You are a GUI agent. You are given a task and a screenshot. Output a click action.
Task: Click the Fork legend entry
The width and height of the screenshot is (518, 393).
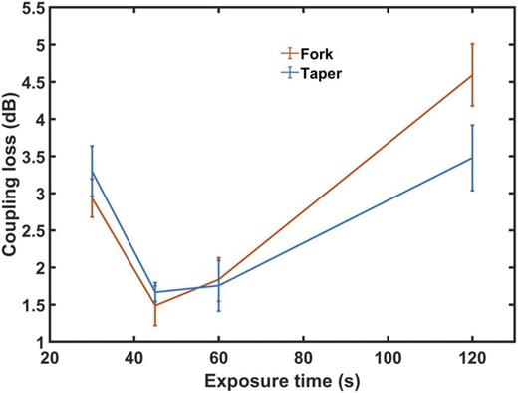(317, 54)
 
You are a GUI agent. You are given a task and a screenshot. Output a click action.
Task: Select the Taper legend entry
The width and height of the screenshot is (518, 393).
(321, 72)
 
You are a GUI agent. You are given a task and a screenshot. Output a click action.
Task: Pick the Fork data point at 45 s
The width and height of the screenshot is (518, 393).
(154, 305)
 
